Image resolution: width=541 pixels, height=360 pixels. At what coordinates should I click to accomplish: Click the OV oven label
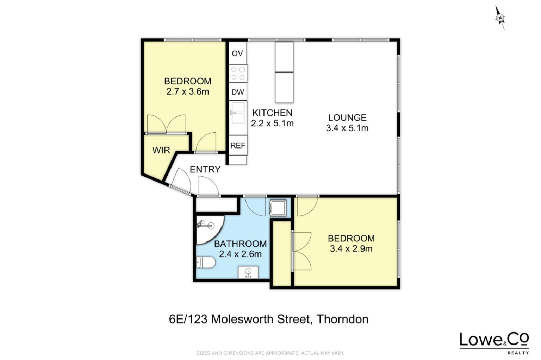[237, 53]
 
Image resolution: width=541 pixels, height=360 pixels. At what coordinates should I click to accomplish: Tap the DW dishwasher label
[238, 92]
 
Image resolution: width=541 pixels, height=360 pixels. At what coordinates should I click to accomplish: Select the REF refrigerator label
[238, 145]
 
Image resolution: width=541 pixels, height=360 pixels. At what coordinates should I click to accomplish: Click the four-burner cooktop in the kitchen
[238, 73]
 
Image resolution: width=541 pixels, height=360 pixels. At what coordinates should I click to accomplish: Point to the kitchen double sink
[238, 113]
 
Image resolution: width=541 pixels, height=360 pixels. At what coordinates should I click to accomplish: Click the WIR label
[161, 150]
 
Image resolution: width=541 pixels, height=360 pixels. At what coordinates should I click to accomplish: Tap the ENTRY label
[205, 169]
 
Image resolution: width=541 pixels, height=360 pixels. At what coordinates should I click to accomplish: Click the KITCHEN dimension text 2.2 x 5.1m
[272, 124]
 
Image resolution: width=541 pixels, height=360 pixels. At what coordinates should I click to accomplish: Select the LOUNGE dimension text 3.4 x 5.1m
[347, 128]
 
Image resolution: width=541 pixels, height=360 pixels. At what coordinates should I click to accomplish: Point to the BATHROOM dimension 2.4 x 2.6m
[240, 254]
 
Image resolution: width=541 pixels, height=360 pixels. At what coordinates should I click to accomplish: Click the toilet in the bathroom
[206, 262]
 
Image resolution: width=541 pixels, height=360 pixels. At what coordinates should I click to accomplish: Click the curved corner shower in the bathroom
[209, 229]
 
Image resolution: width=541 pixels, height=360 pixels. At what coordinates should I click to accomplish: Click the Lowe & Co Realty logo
[494, 343]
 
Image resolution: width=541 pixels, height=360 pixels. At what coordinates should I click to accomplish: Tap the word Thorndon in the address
[342, 319]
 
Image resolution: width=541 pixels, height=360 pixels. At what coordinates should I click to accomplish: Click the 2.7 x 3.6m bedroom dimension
[188, 92]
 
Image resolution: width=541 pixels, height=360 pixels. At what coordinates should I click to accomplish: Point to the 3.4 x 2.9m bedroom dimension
[351, 248]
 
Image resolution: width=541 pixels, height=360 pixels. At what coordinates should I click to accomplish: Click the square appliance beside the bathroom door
[278, 208]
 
